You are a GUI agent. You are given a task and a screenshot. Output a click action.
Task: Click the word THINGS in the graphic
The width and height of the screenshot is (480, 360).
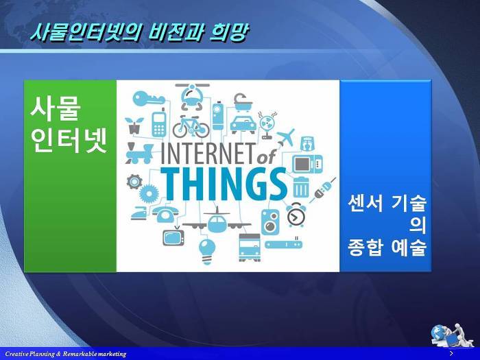click(224, 185)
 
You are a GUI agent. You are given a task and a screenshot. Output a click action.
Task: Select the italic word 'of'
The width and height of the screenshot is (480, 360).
click(266, 157)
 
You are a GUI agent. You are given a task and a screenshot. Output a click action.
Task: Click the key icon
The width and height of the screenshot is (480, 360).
click(149, 99)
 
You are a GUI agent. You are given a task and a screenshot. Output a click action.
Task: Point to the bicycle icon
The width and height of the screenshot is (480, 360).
click(191, 127)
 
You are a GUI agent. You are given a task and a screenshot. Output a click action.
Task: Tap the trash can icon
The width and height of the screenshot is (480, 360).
click(301, 187)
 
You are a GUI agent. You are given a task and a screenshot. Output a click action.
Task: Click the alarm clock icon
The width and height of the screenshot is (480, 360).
click(296, 215)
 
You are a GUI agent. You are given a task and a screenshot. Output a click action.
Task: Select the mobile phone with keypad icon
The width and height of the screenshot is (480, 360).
click(159, 123)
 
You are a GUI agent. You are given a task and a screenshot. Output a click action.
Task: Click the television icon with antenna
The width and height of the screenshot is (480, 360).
click(173, 235)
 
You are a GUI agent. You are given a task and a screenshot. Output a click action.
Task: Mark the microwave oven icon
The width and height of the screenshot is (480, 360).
click(307, 165)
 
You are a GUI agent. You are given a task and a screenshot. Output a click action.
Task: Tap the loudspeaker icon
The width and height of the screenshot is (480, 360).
click(270, 222)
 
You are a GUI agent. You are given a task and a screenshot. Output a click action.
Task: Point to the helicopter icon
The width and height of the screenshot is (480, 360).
click(192, 96)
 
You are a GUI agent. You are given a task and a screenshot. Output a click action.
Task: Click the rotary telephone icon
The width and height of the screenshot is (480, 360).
click(165, 214)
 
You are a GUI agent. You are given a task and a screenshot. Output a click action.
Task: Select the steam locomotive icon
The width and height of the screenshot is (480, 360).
click(139, 153)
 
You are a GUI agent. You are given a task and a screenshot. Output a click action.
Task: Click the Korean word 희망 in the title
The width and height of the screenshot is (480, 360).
click(228, 32)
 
